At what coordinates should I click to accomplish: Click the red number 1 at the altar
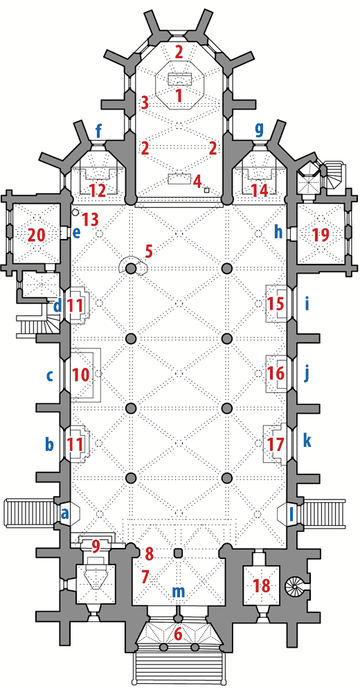point(179,95)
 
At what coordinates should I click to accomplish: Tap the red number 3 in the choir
point(145,103)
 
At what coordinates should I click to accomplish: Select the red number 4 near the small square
point(197,180)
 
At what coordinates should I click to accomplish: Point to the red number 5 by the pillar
point(149,253)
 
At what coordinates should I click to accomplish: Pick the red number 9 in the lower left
point(96,547)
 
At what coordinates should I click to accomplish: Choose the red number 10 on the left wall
point(81,375)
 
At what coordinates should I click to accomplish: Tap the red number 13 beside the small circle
point(90,219)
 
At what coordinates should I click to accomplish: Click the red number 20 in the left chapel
point(37,236)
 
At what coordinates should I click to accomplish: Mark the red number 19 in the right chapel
point(320,235)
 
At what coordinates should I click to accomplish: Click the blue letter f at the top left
point(98,131)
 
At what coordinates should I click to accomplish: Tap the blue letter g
point(260,130)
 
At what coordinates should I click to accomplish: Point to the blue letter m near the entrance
point(178,592)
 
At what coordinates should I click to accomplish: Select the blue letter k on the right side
point(307,441)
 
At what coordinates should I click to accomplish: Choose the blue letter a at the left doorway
point(66,513)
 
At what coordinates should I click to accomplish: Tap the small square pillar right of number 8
point(178,553)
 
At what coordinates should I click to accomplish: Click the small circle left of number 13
point(75,213)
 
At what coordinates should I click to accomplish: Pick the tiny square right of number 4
point(206,190)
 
